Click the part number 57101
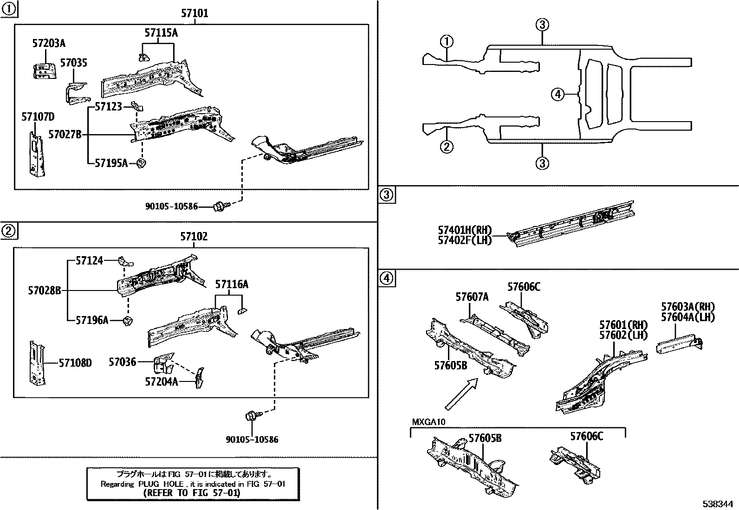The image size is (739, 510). coord(194,13)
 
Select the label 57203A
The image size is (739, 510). coord(49,44)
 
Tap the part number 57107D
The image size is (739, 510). coord(38,116)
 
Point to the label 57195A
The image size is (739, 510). coord(111,163)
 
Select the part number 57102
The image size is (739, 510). coord(194,237)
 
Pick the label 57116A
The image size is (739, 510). coord(231,284)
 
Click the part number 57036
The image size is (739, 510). coord(123,362)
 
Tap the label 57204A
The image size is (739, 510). coord(162,381)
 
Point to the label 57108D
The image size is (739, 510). coord(75,363)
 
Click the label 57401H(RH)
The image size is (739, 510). coord(465,230)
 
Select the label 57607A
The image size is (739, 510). coord(472,297)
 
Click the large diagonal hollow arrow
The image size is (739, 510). coord(461,394)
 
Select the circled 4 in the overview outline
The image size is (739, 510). coord(557,95)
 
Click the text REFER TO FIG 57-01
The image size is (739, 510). coord(193,493)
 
